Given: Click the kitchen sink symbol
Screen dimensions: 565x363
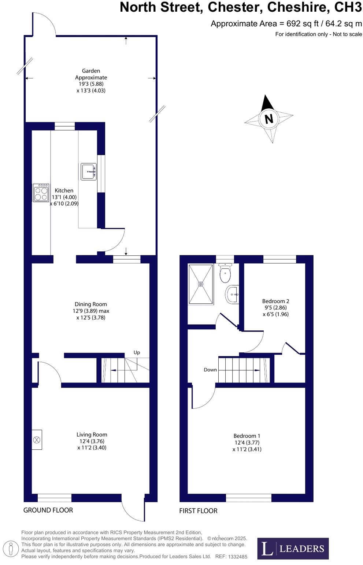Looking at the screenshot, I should coord(89,171).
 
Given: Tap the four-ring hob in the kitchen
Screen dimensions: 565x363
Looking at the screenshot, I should coord(41,193).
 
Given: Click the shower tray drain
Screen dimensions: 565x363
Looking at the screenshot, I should coord(200,284).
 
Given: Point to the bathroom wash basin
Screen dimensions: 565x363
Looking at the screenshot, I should coord(232,294).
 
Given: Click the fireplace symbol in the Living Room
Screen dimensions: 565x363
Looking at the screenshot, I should coord(37,439).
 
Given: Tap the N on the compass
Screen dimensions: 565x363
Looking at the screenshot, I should coord(269,119).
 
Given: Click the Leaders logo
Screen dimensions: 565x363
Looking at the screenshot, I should coord(293,548).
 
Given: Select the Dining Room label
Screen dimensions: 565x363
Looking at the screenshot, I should coord(91,304).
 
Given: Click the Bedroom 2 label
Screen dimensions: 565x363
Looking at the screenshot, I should coord(275,301).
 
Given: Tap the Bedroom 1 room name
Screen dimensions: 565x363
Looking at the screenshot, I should coord(247,436).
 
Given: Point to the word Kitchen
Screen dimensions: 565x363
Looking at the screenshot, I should coord(64,190).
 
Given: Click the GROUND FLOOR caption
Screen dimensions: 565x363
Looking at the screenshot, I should coord(48,510).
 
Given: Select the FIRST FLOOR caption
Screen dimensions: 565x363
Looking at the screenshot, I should coord(198,511).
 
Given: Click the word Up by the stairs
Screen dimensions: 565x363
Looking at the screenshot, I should coord(137,352).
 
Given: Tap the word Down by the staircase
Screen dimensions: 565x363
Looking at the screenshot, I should coord(210,370).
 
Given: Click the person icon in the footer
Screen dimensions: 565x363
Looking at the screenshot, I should coord(11,549).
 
